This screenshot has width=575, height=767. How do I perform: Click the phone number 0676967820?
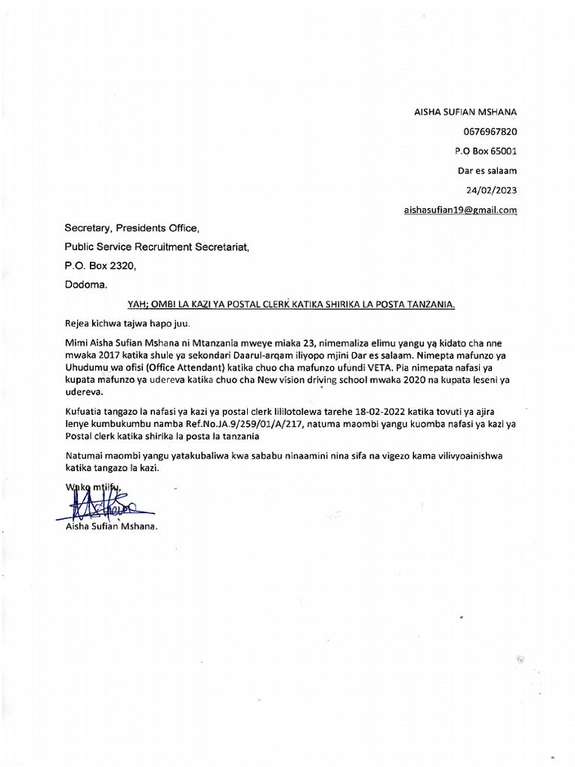491,132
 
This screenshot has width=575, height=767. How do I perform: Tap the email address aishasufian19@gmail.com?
460,210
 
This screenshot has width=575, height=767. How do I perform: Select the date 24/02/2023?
491,190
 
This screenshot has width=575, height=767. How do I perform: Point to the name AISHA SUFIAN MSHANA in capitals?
466,112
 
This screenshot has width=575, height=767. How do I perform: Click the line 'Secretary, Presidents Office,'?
133,228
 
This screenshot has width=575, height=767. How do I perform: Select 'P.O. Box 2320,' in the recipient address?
100,265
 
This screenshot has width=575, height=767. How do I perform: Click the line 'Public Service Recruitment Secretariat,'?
156,246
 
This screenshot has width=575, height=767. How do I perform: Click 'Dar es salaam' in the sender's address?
487,171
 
